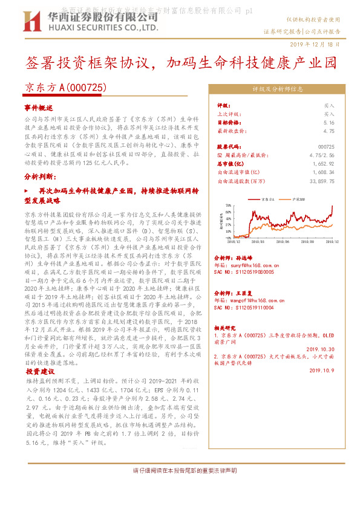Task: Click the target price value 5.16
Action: tap(329, 122)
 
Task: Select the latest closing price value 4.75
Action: tap(329, 131)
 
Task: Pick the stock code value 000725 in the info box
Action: tap(326, 147)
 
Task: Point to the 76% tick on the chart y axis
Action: tap(227, 206)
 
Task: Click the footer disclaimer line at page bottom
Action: tap(180, 470)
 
